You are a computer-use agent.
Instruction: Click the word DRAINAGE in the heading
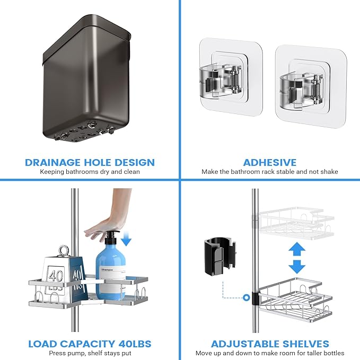[53, 162]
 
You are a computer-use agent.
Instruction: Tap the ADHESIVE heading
[270, 162]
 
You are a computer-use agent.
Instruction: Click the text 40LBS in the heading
[135, 344]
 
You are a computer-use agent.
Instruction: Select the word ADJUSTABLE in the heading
[245, 344]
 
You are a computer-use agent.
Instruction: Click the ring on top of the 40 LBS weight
[63, 251]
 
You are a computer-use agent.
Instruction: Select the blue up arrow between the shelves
[297, 249]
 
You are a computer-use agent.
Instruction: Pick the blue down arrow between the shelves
[297, 267]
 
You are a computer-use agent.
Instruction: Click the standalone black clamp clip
[220, 257]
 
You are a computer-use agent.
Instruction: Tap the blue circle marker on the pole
[247, 297]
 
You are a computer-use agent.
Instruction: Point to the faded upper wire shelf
[296, 221]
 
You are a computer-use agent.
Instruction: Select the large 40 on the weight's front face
[56, 276]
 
